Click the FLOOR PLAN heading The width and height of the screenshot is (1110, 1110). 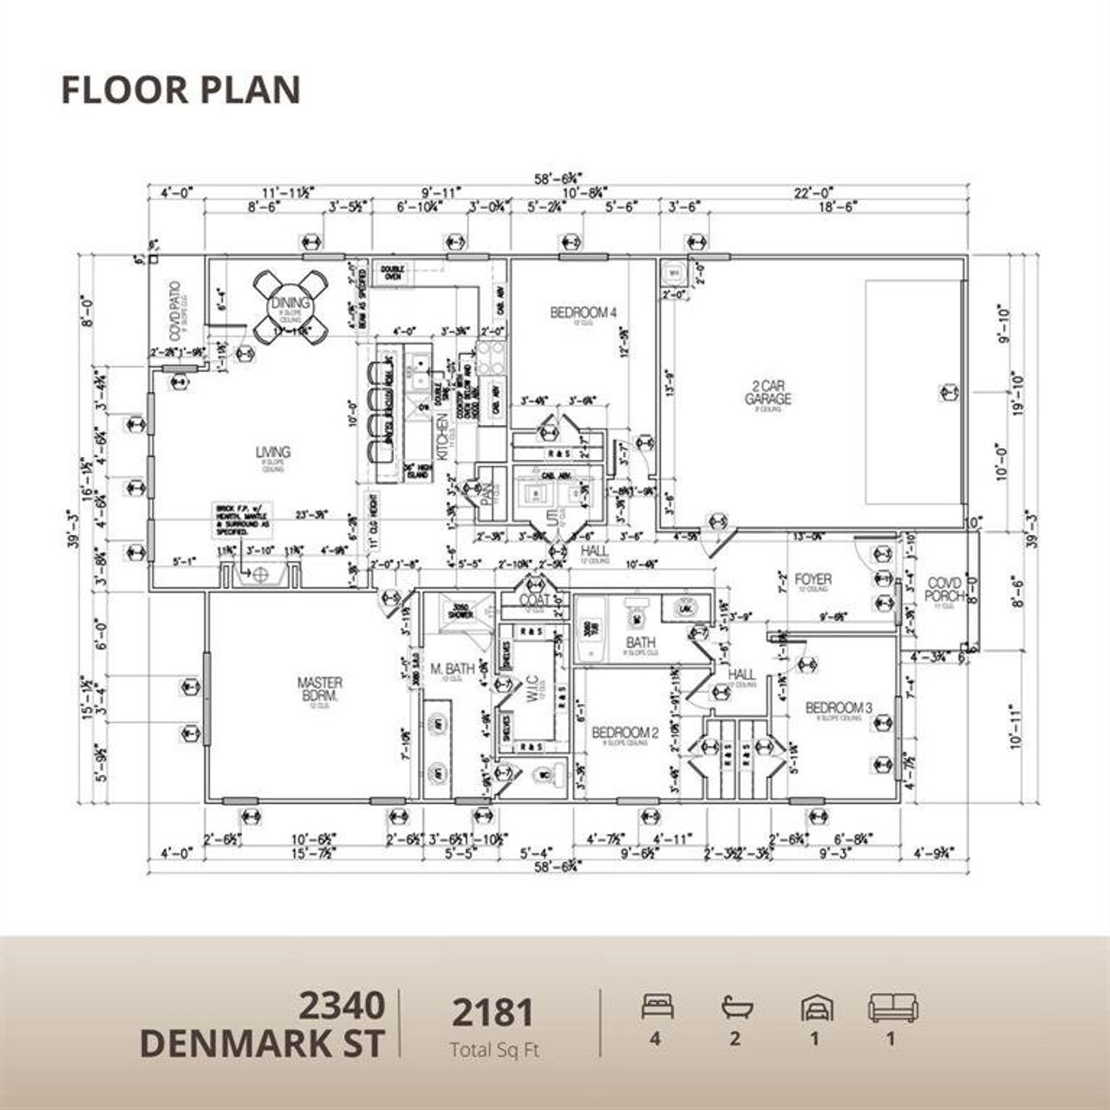tap(180, 90)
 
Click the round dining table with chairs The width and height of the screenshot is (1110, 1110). tap(291, 306)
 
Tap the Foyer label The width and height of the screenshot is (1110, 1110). tap(813, 579)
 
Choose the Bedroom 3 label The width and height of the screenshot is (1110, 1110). tap(833, 708)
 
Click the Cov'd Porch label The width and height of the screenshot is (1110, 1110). tap(945, 590)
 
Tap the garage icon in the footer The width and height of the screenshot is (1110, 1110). tap(813, 1008)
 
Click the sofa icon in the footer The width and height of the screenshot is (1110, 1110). tap(892, 1008)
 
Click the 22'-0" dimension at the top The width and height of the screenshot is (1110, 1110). tap(813, 193)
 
